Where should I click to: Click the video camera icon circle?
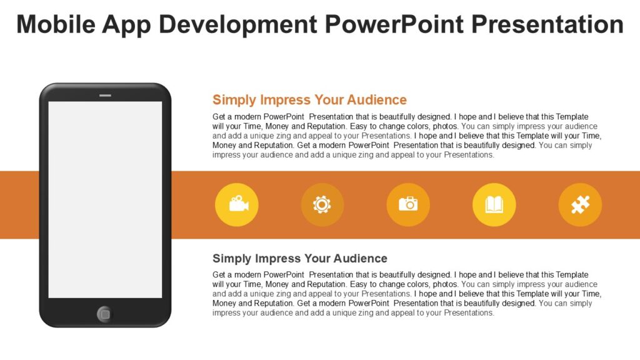[x=236, y=204]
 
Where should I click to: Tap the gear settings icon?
[x=322, y=204]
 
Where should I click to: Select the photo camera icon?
[x=408, y=204]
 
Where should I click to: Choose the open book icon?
[x=494, y=204]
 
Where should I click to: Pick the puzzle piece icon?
[x=580, y=204]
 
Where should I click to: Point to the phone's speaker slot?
[x=105, y=96]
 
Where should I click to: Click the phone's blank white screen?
[x=105, y=199]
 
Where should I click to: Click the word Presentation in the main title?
[x=547, y=24]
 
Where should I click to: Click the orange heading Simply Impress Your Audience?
[x=309, y=100]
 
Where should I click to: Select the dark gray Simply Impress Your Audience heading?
[x=299, y=259]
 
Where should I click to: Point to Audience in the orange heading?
[x=377, y=100]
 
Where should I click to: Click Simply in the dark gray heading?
[x=232, y=259]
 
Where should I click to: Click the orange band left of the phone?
[x=19, y=204]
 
